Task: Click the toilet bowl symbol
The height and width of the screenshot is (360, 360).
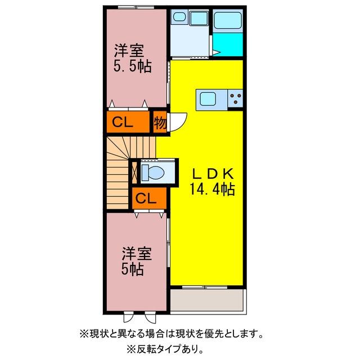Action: pos(152,173)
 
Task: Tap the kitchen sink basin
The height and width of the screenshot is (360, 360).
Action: pos(208,99)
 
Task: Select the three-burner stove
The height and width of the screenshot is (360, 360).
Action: pos(235,98)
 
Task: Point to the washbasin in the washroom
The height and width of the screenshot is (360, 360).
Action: pos(179,17)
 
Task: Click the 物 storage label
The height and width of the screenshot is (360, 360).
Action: pos(160,123)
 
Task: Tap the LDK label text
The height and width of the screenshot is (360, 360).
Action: pos(213,174)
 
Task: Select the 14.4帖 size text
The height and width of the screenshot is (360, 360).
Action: pos(212,190)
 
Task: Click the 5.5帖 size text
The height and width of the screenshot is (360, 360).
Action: pos(132,66)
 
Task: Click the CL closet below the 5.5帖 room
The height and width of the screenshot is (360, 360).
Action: pos(128,122)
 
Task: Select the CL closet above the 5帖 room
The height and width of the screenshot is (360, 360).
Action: pos(149,198)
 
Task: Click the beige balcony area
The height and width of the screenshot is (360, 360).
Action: pos(206,300)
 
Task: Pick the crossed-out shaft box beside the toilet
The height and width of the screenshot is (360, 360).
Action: pos(134,173)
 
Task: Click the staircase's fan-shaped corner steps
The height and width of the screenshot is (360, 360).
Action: pos(119,148)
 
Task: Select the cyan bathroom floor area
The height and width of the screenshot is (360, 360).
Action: pos(227,44)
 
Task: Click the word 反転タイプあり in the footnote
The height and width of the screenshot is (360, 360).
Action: pos(166,349)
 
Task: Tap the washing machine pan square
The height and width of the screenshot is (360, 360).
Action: pos(199,18)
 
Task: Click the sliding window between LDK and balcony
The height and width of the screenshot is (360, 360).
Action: pos(205,287)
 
